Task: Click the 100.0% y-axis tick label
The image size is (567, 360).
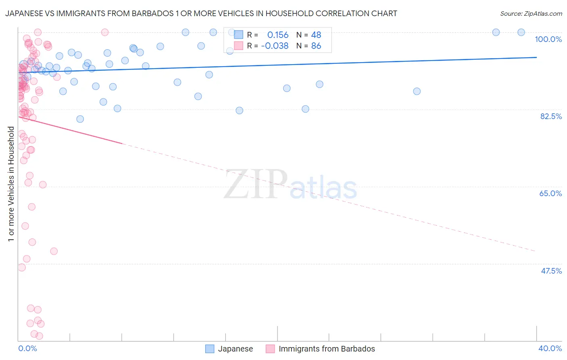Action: [x=548, y=39]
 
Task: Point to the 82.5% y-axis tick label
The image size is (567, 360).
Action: [x=551, y=116]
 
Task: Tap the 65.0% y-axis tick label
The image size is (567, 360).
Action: [x=550, y=193]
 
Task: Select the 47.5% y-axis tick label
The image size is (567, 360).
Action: [x=551, y=271]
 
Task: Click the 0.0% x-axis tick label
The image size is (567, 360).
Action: [x=27, y=348]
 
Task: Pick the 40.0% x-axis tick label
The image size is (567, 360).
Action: [x=550, y=348]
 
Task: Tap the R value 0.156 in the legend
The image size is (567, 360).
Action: [x=278, y=35]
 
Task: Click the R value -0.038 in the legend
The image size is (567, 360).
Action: [x=275, y=46]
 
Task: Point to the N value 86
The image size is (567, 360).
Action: [x=316, y=46]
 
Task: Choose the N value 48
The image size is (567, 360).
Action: [x=316, y=35]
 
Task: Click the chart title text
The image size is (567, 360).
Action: [x=201, y=13]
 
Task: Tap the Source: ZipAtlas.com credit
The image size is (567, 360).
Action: [x=531, y=13]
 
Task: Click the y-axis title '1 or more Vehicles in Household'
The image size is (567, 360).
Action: [x=11, y=184]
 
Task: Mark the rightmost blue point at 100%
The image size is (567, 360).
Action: [x=521, y=32]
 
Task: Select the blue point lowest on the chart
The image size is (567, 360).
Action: [x=80, y=119]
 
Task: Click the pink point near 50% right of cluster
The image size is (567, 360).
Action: [x=54, y=251]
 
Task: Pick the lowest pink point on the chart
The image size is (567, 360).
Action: [x=39, y=336]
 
